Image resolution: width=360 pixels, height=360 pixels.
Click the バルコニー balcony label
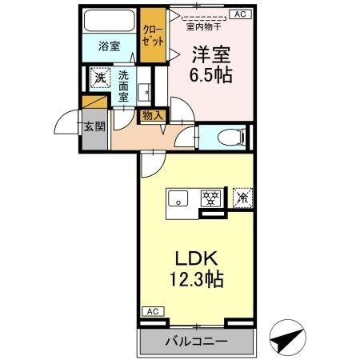pyautogui.click(x=196, y=342)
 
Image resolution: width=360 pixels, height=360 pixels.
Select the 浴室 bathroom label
pyautogui.click(x=110, y=46)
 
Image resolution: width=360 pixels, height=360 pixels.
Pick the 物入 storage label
pyautogui.click(x=152, y=115)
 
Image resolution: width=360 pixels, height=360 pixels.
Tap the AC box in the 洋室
pyautogui.click(x=239, y=14)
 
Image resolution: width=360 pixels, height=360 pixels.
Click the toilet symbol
pyautogui.click(x=227, y=136)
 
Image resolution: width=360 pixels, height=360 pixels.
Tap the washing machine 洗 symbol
pyautogui.click(x=100, y=78)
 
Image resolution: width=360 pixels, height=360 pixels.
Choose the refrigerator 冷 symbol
pyautogui.click(x=241, y=197)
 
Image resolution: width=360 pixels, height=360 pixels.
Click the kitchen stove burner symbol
pyautogui.click(x=211, y=198)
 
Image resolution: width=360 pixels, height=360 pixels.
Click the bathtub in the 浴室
pyautogui.click(x=110, y=20)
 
